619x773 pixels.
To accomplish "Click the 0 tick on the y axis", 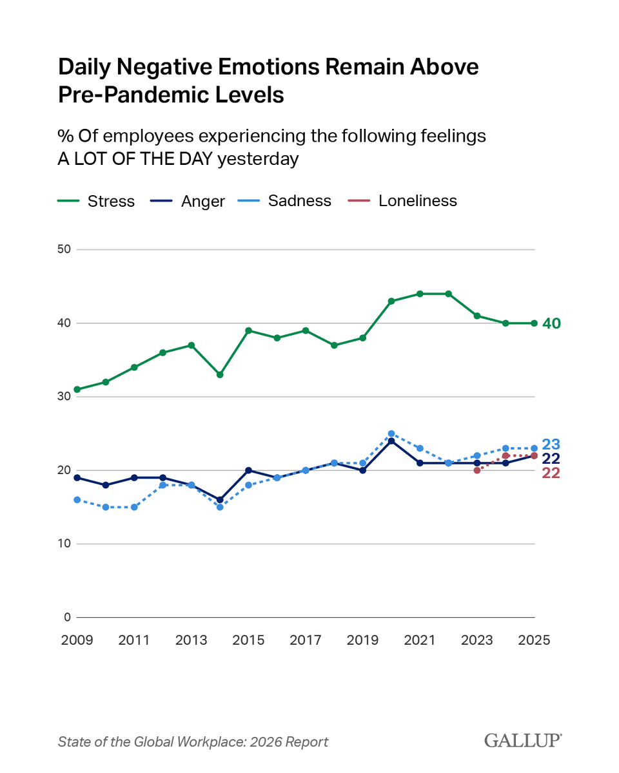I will pos(66,617).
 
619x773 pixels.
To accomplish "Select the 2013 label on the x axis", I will pos(191,641).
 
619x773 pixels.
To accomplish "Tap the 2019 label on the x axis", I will pos(362,641).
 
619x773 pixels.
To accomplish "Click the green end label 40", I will pos(551,323).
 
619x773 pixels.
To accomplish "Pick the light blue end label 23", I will pos(551,444).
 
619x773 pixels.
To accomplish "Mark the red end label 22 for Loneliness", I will pos(551,473).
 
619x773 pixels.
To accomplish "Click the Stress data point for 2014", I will pos(220,374).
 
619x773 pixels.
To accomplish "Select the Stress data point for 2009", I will pos(77,389).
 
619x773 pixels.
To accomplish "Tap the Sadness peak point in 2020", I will pos(391,434).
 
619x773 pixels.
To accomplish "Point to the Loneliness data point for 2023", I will pos(477,470).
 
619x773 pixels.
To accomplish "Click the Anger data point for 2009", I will pos(77,477).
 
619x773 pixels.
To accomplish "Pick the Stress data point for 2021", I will pos(420,294).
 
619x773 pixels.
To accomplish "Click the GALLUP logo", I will pos(523,741).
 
